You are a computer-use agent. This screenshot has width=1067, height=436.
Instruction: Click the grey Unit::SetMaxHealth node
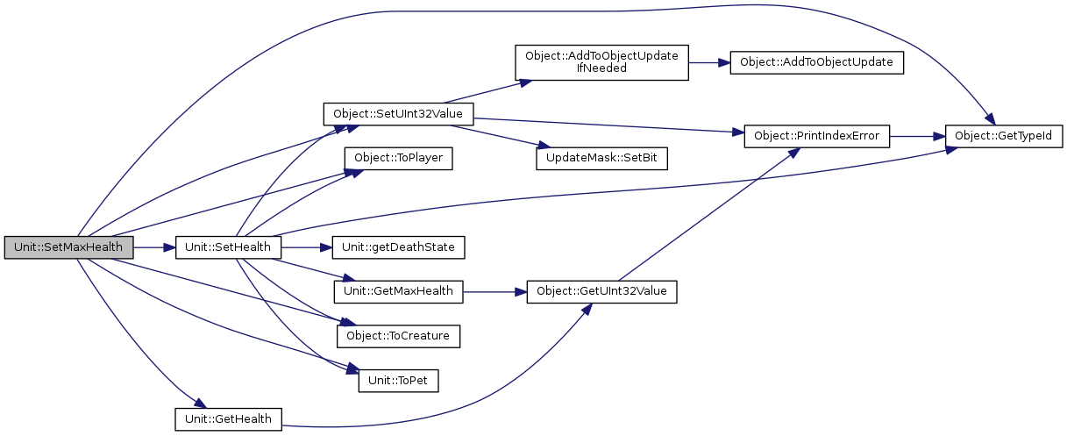pos(68,247)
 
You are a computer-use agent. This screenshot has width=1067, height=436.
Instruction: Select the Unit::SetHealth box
pos(228,247)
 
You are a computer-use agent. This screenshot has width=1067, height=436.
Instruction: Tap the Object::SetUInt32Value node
pos(398,114)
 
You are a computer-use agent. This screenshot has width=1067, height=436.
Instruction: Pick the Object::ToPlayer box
pos(398,159)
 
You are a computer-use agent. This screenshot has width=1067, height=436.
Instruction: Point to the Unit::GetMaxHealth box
pos(398,291)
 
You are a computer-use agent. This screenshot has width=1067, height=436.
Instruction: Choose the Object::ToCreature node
pos(398,335)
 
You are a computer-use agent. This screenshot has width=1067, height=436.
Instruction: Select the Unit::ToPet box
pos(398,380)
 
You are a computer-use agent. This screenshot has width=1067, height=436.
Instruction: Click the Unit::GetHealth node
pos(228,419)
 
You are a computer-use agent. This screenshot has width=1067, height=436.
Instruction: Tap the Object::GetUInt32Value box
pos(601,291)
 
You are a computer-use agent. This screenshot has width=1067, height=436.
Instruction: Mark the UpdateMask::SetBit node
pos(601,159)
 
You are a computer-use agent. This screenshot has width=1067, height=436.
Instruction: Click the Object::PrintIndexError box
pos(817,136)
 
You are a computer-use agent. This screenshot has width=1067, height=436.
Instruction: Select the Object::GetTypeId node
pos(1004,136)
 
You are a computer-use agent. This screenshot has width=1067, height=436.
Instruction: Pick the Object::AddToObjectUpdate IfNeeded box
pos(601,62)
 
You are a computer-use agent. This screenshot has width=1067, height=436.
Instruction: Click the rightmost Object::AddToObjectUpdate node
pos(817,62)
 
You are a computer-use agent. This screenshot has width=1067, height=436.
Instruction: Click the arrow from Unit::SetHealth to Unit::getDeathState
pos(307,247)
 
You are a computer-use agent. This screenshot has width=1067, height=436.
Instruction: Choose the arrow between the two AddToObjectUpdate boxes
pos(709,62)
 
